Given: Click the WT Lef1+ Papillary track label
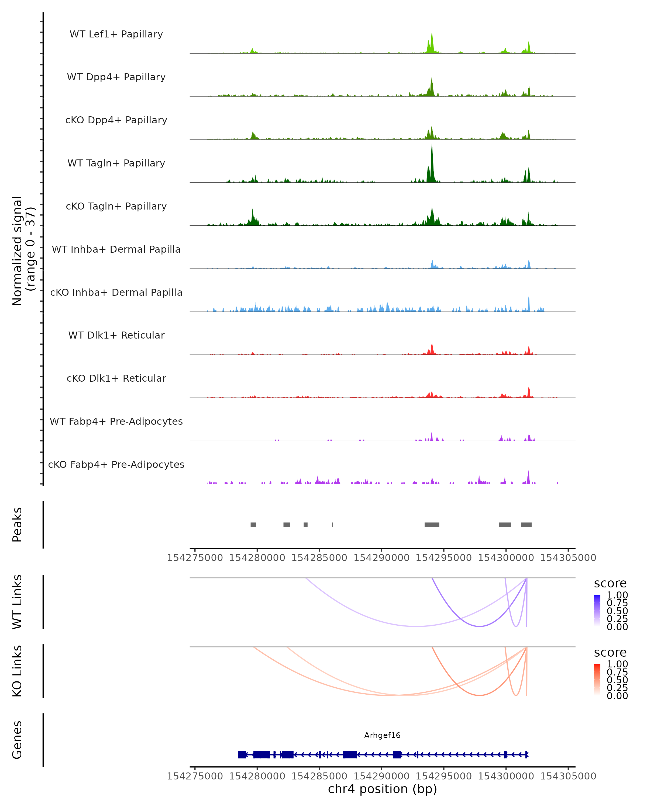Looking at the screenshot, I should point(116,34).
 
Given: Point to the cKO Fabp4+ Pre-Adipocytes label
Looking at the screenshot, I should point(116,464).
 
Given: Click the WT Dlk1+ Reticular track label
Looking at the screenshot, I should point(116,335).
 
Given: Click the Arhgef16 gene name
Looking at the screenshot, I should point(382,735).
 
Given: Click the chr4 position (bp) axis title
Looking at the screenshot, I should point(382,789).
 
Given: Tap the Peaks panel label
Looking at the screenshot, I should point(17,525).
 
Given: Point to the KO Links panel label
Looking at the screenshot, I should point(17,671).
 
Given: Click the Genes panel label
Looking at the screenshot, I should point(17,740).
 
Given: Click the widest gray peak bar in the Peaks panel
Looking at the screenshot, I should point(432,525).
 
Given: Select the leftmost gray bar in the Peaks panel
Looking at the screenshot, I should point(253,525).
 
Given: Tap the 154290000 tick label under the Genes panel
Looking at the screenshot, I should point(381,776).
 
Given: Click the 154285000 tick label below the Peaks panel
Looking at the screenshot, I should point(319,558).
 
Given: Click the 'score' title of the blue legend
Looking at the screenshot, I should point(610,584).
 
